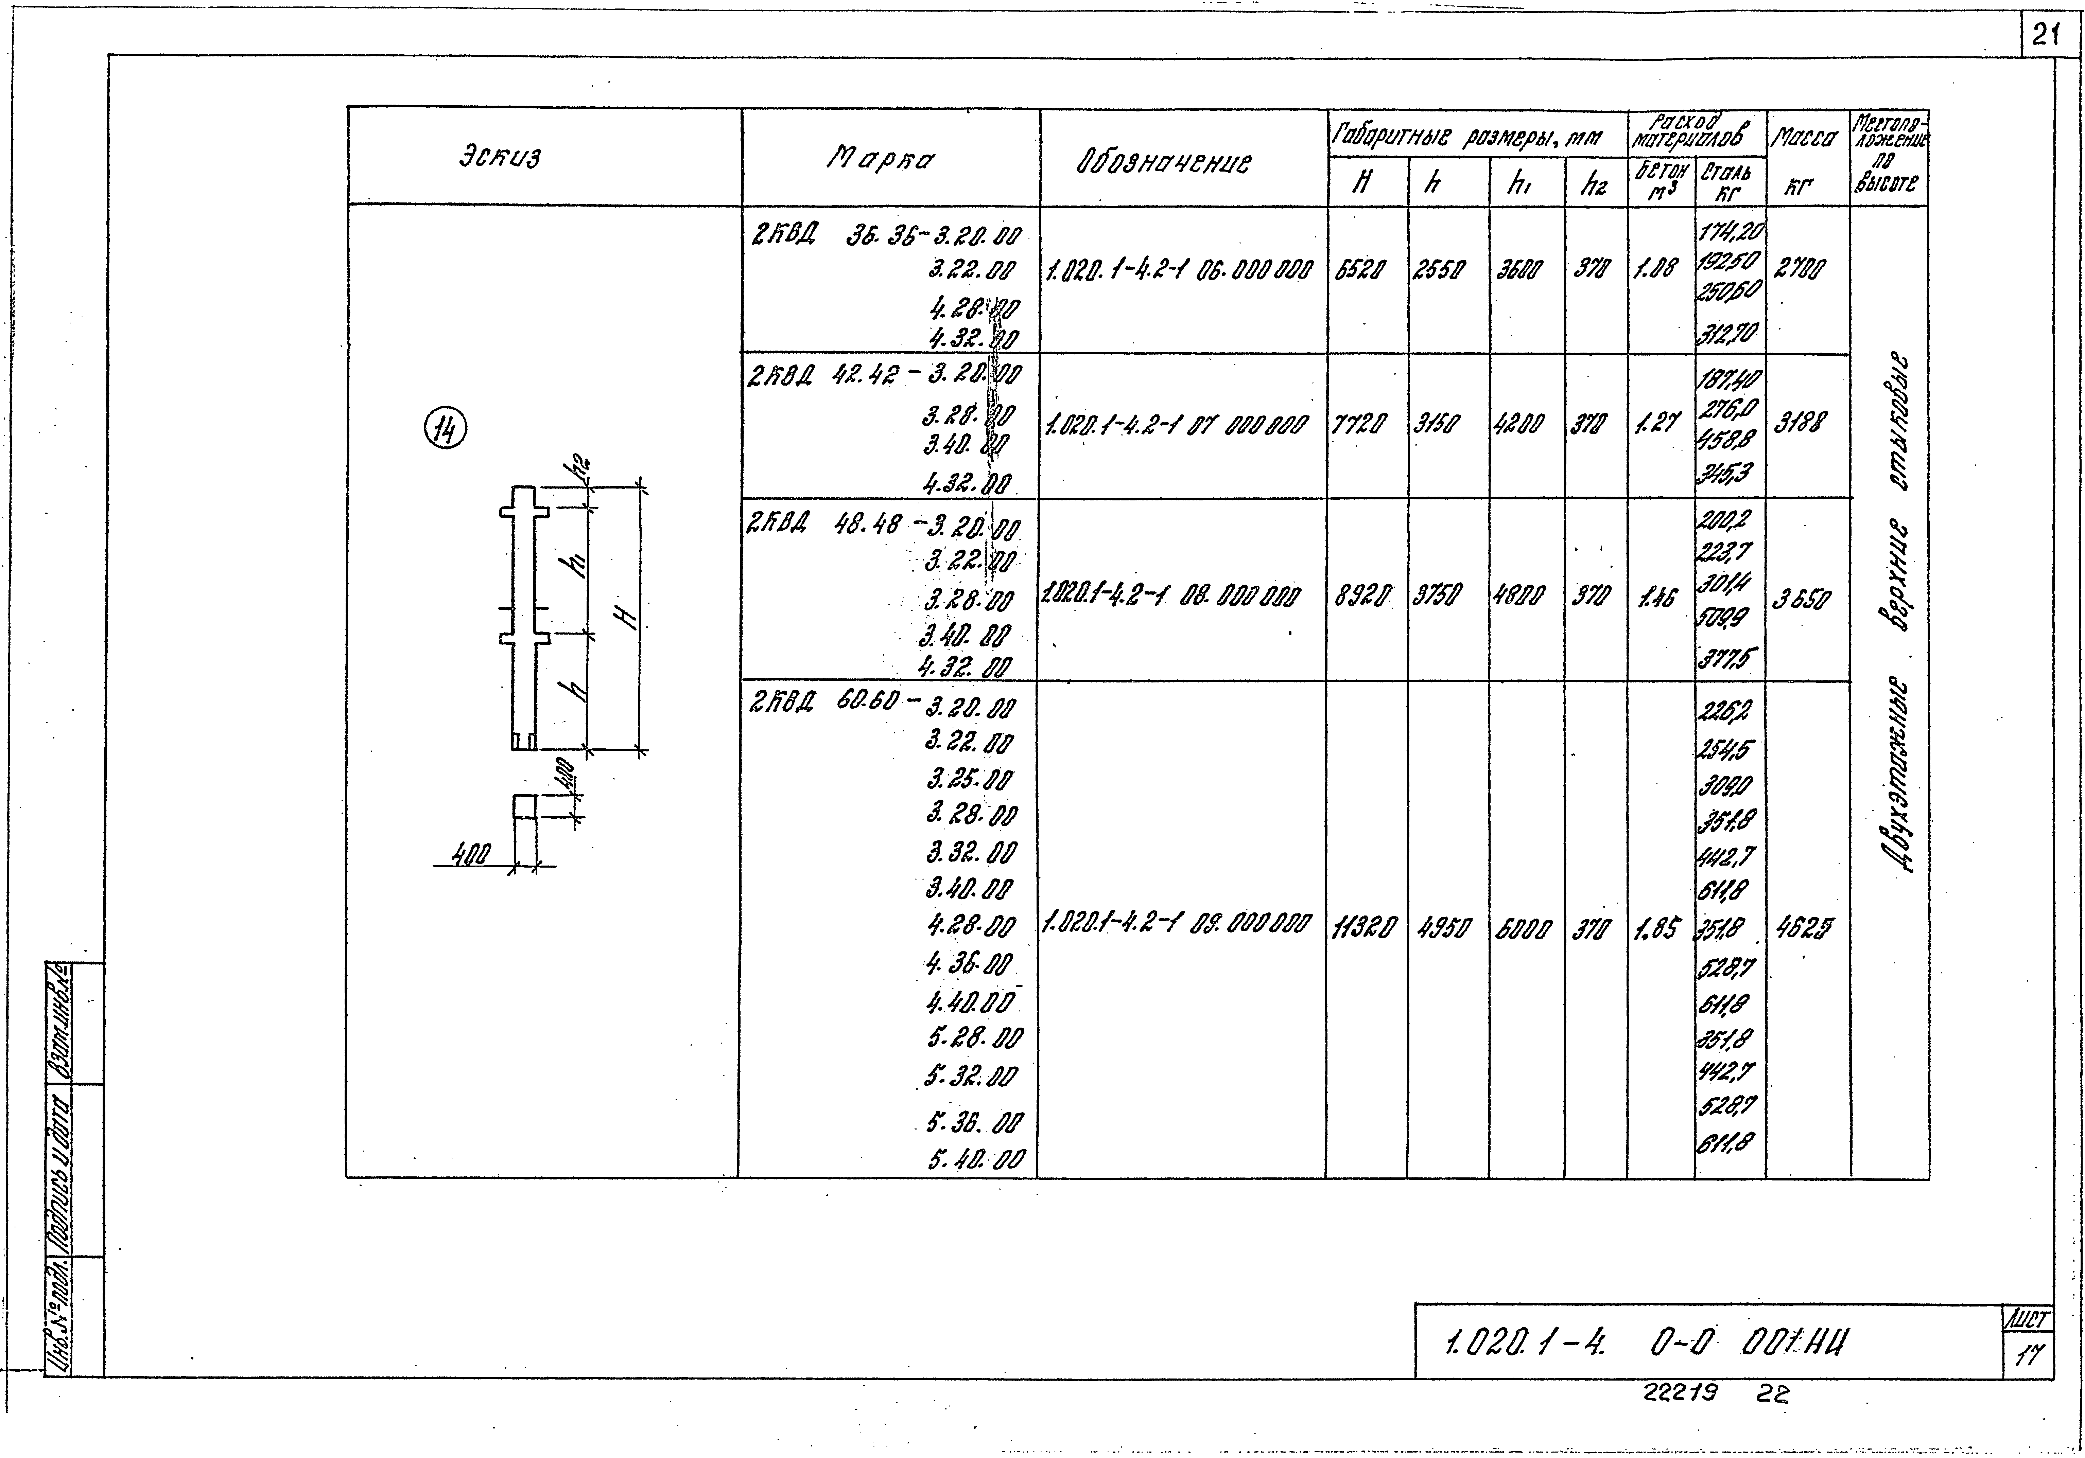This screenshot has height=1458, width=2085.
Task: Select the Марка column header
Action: click(x=881, y=160)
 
